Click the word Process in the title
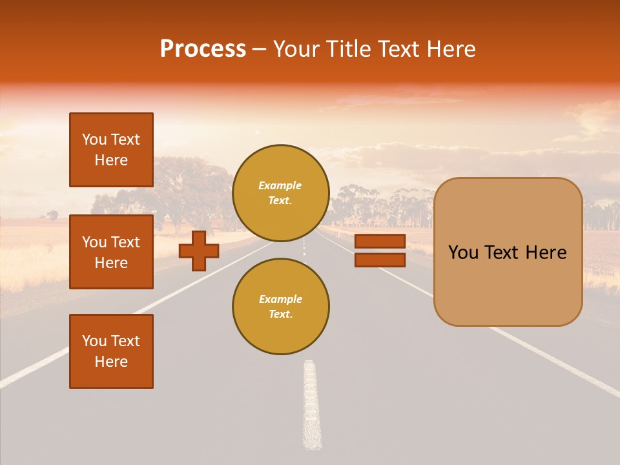pyautogui.click(x=203, y=49)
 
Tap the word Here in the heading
pyautogui.click(x=449, y=49)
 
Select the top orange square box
pyautogui.click(x=111, y=150)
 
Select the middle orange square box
pyautogui.click(x=111, y=252)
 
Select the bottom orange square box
pyautogui.click(x=111, y=351)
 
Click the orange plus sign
pyautogui.click(x=199, y=251)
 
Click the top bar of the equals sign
pyautogui.click(x=380, y=241)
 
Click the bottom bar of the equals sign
pyautogui.click(x=380, y=260)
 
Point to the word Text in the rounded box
pyautogui.click(x=508, y=253)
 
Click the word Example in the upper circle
pyautogui.click(x=280, y=185)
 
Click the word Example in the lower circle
pyautogui.click(x=280, y=299)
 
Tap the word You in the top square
pyautogui.click(x=94, y=139)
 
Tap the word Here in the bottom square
pyautogui.click(x=111, y=362)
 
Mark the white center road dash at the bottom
pyautogui.click(x=312, y=407)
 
